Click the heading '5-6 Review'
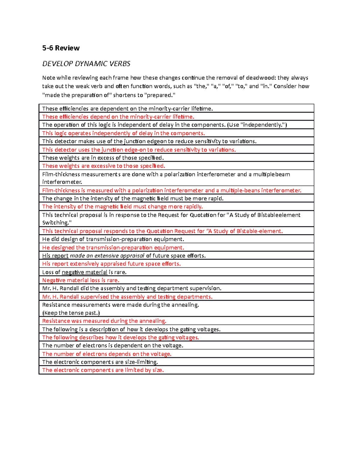point(61,48)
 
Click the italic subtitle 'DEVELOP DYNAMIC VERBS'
point(86,64)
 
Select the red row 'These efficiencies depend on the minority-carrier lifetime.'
point(118,117)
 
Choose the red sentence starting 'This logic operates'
point(123,133)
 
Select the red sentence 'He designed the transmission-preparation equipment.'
point(113,248)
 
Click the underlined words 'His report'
point(55,256)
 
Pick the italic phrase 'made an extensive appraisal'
point(107,256)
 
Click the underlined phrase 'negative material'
point(84,272)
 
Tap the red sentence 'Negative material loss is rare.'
point(81,280)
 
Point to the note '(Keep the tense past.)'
point(71,313)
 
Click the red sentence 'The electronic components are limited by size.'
point(103,370)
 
